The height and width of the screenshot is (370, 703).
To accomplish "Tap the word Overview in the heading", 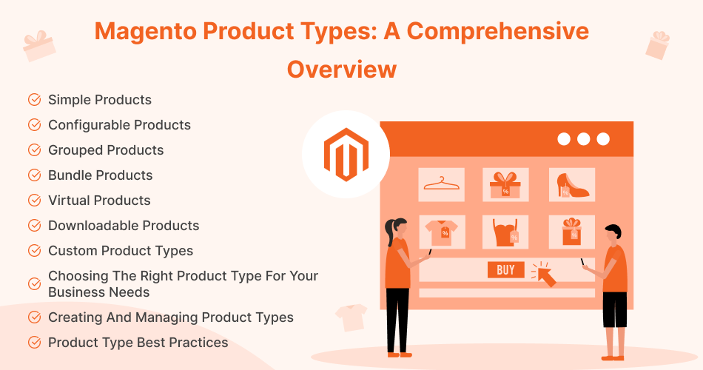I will pos(341,69).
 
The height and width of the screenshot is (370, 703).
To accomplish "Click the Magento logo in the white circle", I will pos(346,154).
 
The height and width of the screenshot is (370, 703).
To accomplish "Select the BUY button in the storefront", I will pos(505,270).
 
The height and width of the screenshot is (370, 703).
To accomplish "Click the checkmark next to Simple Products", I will pos(34,100).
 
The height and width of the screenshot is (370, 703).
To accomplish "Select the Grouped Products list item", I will pos(106,150).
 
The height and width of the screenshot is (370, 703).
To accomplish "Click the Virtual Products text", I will pos(99,201).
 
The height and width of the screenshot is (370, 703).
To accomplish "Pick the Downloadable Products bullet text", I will pos(124,226).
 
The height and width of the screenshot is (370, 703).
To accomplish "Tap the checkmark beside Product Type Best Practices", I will pos(34,343).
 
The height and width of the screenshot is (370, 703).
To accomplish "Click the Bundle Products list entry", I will pos(101,175).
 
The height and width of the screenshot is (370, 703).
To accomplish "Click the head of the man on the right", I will pos(611,234).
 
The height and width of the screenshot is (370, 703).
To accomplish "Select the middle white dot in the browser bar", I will pos(583,138).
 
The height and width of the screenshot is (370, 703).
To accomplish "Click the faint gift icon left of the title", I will pos(39,45).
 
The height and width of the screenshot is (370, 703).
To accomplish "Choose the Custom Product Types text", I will pos(121,251).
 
